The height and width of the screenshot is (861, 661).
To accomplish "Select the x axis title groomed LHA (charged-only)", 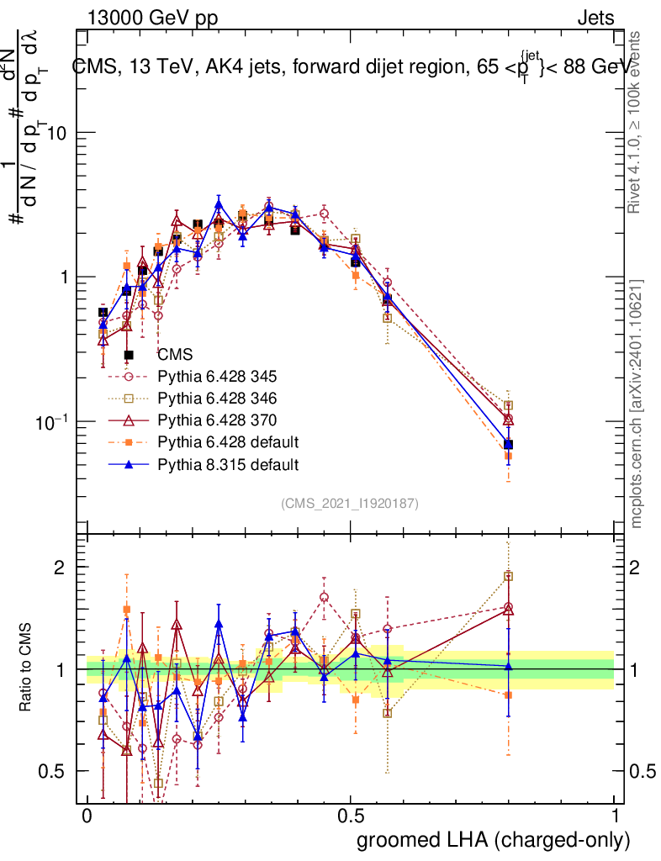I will pos(494,840).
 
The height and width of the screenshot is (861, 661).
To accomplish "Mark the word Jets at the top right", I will pos(595,18).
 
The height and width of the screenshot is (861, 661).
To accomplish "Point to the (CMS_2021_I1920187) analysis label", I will pos(350,503).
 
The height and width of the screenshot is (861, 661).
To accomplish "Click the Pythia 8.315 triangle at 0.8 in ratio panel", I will pos(508,666).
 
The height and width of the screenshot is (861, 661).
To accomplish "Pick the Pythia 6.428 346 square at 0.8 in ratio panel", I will pos(508,577).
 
